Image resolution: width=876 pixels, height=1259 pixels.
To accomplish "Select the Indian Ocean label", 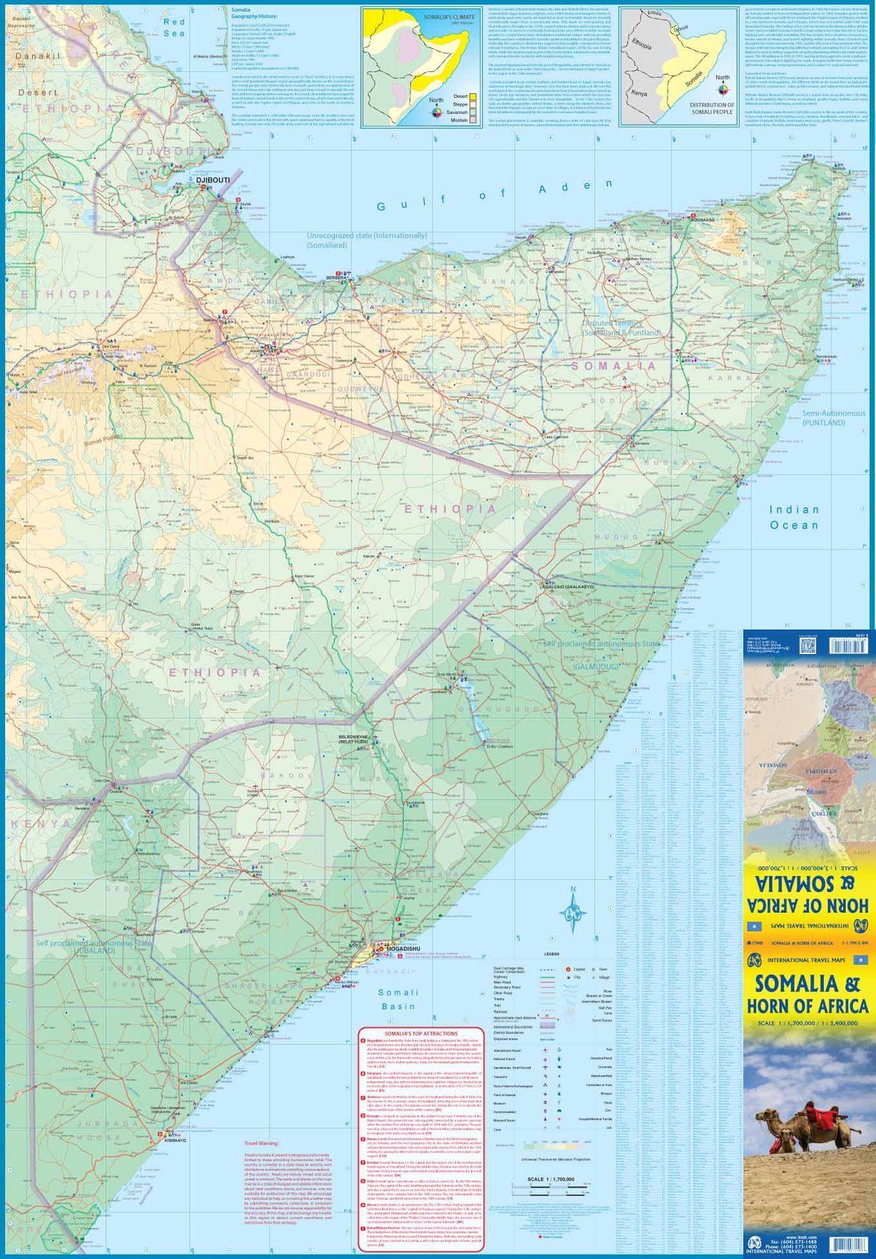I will [x=794, y=518].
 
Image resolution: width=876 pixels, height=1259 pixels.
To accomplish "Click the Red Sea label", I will [x=174, y=27].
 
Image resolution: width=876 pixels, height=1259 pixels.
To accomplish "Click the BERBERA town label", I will [x=336, y=278].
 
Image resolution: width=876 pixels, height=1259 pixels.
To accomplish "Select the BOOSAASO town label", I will [x=703, y=220].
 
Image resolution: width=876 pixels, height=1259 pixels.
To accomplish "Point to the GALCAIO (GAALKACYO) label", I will [x=568, y=587].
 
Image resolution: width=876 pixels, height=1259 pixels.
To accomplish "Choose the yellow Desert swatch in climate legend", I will [x=473, y=96].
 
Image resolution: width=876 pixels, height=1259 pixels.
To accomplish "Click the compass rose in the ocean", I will [x=574, y=912].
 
